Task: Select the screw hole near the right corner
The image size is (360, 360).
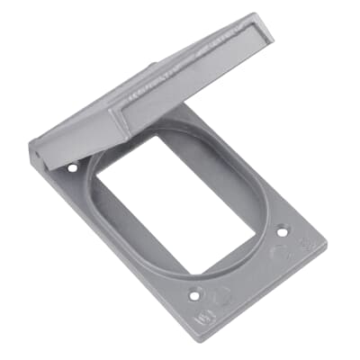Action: point(282,230)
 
